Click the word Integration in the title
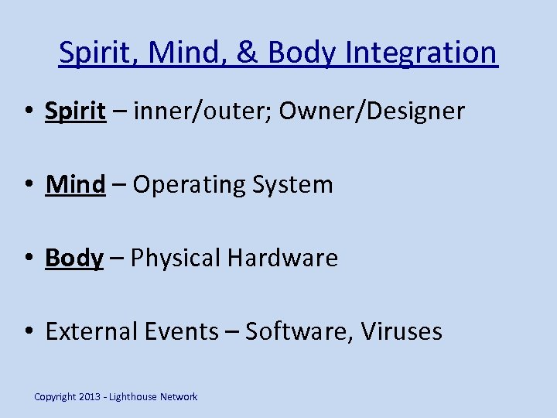click(422, 53)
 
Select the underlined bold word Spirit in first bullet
click(75, 111)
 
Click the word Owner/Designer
click(371, 111)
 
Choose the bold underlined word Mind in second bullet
click(75, 184)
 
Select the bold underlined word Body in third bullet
click(74, 258)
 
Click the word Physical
click(176, 258)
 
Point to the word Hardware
click(282, 258)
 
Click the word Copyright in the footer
click(56, 397)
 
